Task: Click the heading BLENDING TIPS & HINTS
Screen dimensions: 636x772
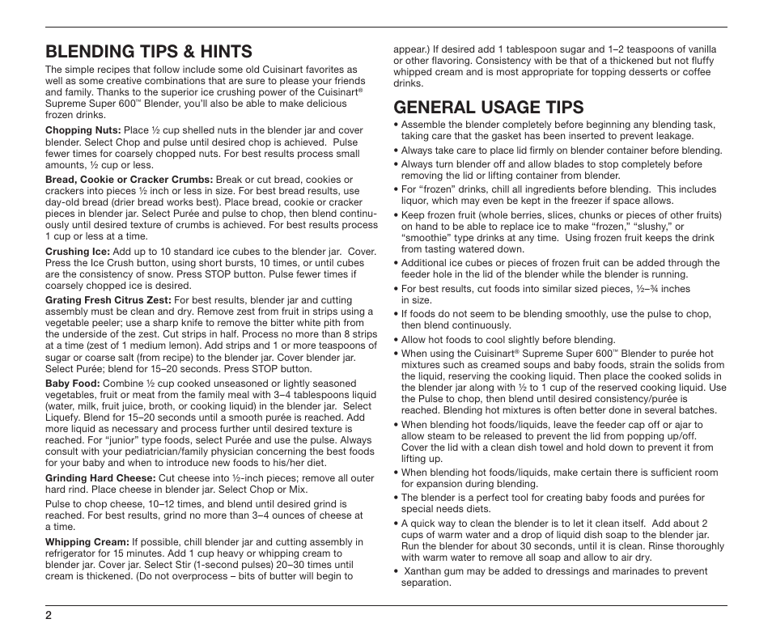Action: point(148,52)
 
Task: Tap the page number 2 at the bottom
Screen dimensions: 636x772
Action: point(49,616)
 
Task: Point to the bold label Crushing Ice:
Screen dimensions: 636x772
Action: point(77,252)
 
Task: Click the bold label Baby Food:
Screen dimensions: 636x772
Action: point(72,384)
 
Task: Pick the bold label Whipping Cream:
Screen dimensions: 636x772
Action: point(87,542)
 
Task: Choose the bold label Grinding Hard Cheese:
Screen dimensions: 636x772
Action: point(100,478)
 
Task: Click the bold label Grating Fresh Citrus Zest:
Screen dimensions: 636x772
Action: point(108,300)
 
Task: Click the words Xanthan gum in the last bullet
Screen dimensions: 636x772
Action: point(431,571)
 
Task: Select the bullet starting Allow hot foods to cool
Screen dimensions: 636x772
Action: point(508,340)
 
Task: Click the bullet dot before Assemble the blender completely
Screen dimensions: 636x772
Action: point(396,125)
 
